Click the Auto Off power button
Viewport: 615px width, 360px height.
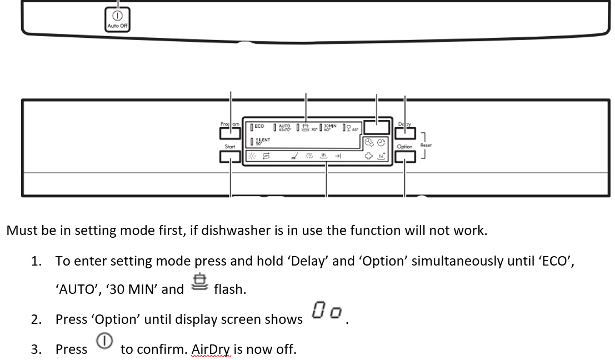point(117,19)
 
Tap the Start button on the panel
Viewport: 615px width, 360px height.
point(230,157)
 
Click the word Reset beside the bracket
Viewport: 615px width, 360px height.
point(426,146)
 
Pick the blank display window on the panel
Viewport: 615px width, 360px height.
point(377,128)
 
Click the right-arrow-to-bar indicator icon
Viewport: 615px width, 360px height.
point(337,157)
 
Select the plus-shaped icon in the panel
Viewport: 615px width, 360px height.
point(367,157)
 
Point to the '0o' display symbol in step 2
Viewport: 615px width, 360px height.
point(327,311)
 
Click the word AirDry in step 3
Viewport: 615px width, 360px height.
point(211,349)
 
